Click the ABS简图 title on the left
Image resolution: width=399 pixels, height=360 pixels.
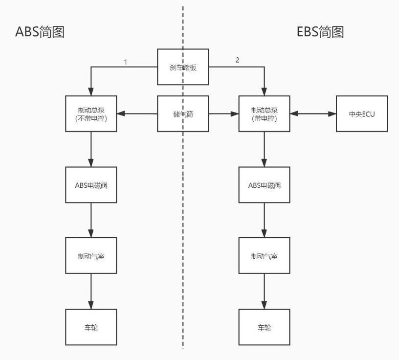pyautogui.click(x=40, y=32)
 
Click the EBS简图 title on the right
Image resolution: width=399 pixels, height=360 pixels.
pyautogui.click(x=320, y=32)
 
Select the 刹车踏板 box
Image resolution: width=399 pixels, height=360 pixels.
pyautogui.click(x=183, y=67)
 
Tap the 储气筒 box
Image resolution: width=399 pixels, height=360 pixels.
pyautogui.click(x=183, y=114)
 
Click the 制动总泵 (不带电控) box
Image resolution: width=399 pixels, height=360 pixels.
pyautogui.click(x=91, y=114)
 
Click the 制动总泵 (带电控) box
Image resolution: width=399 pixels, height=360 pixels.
pyautogui.click(x=264, y=114)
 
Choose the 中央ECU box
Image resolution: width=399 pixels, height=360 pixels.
pyautogui.click(x=361, y=114)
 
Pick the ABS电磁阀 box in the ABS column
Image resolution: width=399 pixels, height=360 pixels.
pyautogui.click(x=91, y=185)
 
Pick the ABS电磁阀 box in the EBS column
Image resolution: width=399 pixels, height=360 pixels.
pyautogui.click(x=264, y=185)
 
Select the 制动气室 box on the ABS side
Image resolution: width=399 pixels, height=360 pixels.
pyautogui.click(x=91, y=256)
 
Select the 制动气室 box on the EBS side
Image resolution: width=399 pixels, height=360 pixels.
pyautogui.click(x=264, y=256)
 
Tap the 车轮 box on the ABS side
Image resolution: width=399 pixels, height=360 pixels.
pyautogui.click(x=91, y=327)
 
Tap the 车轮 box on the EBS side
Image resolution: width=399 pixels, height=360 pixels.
pyautogui.click(x=264, y=327)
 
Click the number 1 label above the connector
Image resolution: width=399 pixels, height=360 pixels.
pyautogui.click(x=126, y=62)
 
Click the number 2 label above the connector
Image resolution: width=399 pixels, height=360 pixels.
pyautogui.click(x=238, y=60)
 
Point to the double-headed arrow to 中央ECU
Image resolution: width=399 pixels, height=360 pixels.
pyautogui.click(x=313, y=114)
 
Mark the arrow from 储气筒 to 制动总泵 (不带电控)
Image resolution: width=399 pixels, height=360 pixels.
pyautogui.click(x=137, y=114)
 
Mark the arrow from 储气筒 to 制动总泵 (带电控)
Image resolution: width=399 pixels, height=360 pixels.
pyautogui.click(x=223, y=114)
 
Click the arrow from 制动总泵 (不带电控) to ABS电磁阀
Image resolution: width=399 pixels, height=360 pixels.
pyautogui.click(x=91, y=149)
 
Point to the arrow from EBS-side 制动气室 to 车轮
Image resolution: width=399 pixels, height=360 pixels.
pyautogui.click(x=264, y=291)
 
